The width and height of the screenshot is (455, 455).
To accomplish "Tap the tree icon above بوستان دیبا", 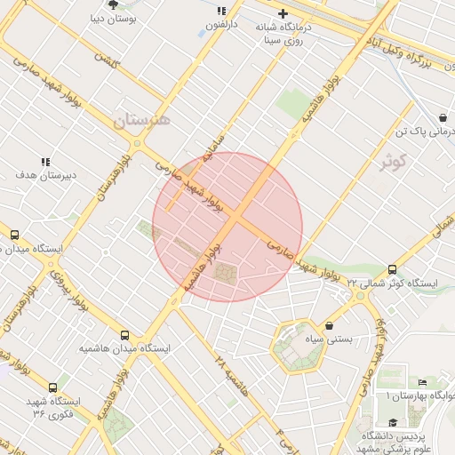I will [x=113, y=4].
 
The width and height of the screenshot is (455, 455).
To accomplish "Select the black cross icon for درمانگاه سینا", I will [x=283, y=13].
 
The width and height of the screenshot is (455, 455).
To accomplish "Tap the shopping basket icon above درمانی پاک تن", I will [x=443, y=118].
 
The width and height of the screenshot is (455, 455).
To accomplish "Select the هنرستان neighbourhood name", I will [x=141, y=118].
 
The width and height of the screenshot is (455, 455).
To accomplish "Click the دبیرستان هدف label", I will [x=46, y=174].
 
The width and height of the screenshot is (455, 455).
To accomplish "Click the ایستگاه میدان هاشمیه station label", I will [x=124, y=348].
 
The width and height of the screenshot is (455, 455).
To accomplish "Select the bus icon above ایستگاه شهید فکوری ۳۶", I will [x=53, y=387].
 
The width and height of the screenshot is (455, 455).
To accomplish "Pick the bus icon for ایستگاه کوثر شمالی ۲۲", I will [x=393, y=270].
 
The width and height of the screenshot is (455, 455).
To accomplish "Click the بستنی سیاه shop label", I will [x=331, y=339].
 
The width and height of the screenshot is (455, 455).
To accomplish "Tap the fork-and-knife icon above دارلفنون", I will [x=220, y=12].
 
